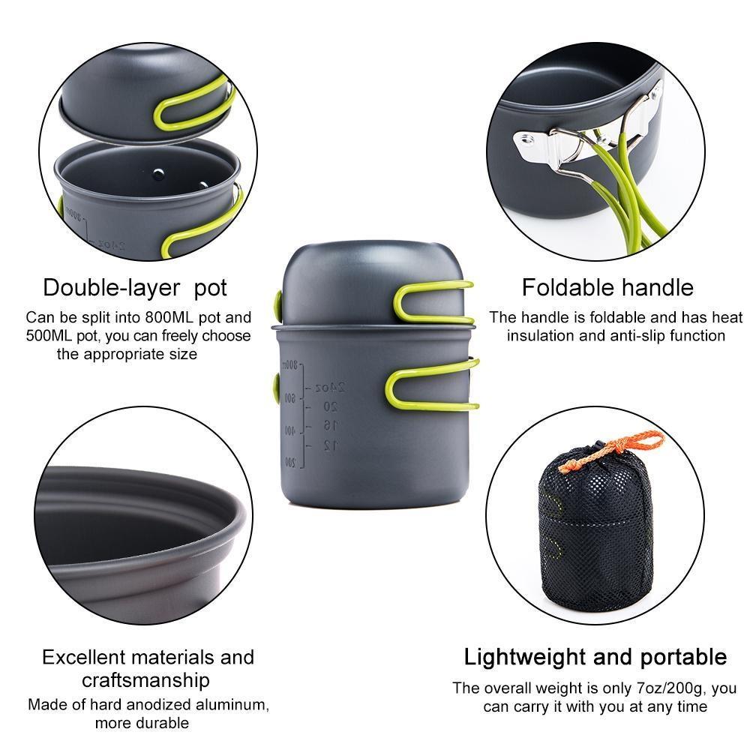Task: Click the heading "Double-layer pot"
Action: click(x=135, y=287)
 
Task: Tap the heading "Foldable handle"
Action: click(x=607, y=287)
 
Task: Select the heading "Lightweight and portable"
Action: click(x=595, y=658)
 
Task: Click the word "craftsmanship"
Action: click(x=145, y=680)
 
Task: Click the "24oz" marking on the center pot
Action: click(x=330, y=387)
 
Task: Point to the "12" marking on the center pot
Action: click(x=331, y=445)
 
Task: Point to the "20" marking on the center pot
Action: click(x=330, y=406)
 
